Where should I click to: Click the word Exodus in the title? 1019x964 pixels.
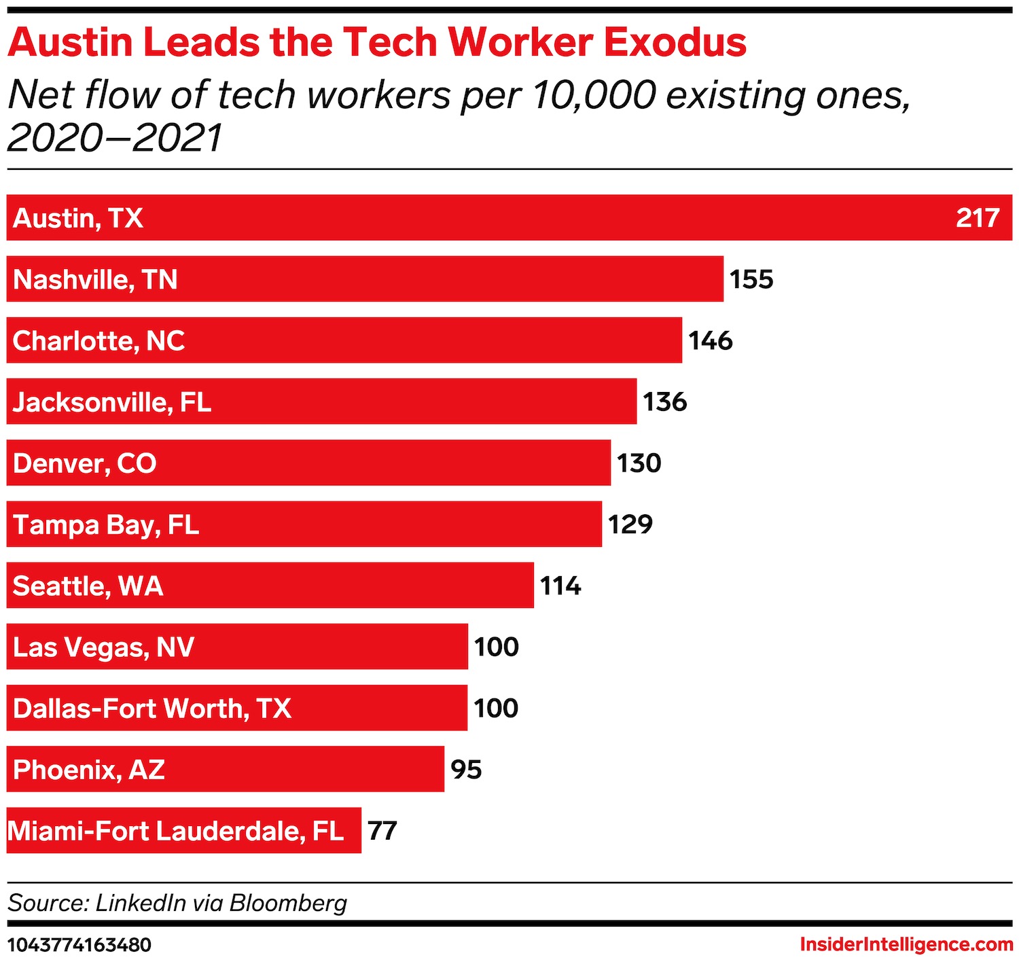(675, 42)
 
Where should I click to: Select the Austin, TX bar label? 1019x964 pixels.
(78, 218)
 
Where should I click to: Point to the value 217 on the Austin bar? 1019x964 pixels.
(978, 218)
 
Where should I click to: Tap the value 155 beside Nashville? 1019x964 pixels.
(751, 279)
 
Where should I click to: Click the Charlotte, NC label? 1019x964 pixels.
(99, 341)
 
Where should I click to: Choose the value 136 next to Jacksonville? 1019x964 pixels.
(665, 402)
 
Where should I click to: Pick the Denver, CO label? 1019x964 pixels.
(85, 463)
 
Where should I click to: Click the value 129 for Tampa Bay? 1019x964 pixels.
(630, 524)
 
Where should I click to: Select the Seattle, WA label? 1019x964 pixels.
(88, 586)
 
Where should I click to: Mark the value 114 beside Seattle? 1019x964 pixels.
(560, 586)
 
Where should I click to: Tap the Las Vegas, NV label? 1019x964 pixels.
(104, 647)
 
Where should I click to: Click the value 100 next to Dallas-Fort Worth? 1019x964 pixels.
(496, 709)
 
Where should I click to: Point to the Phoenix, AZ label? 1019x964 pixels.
(89, 770)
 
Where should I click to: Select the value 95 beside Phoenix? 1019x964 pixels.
(466, 770)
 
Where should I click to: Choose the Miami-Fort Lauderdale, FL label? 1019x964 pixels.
(176, 831)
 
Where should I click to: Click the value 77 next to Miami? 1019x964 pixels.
(382, 831)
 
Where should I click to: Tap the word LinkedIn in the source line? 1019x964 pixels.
(141, 903)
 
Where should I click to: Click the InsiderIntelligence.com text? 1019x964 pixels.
(906, 945)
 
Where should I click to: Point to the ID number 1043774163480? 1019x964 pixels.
(79, 945)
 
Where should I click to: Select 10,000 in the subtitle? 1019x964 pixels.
(593, 95)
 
